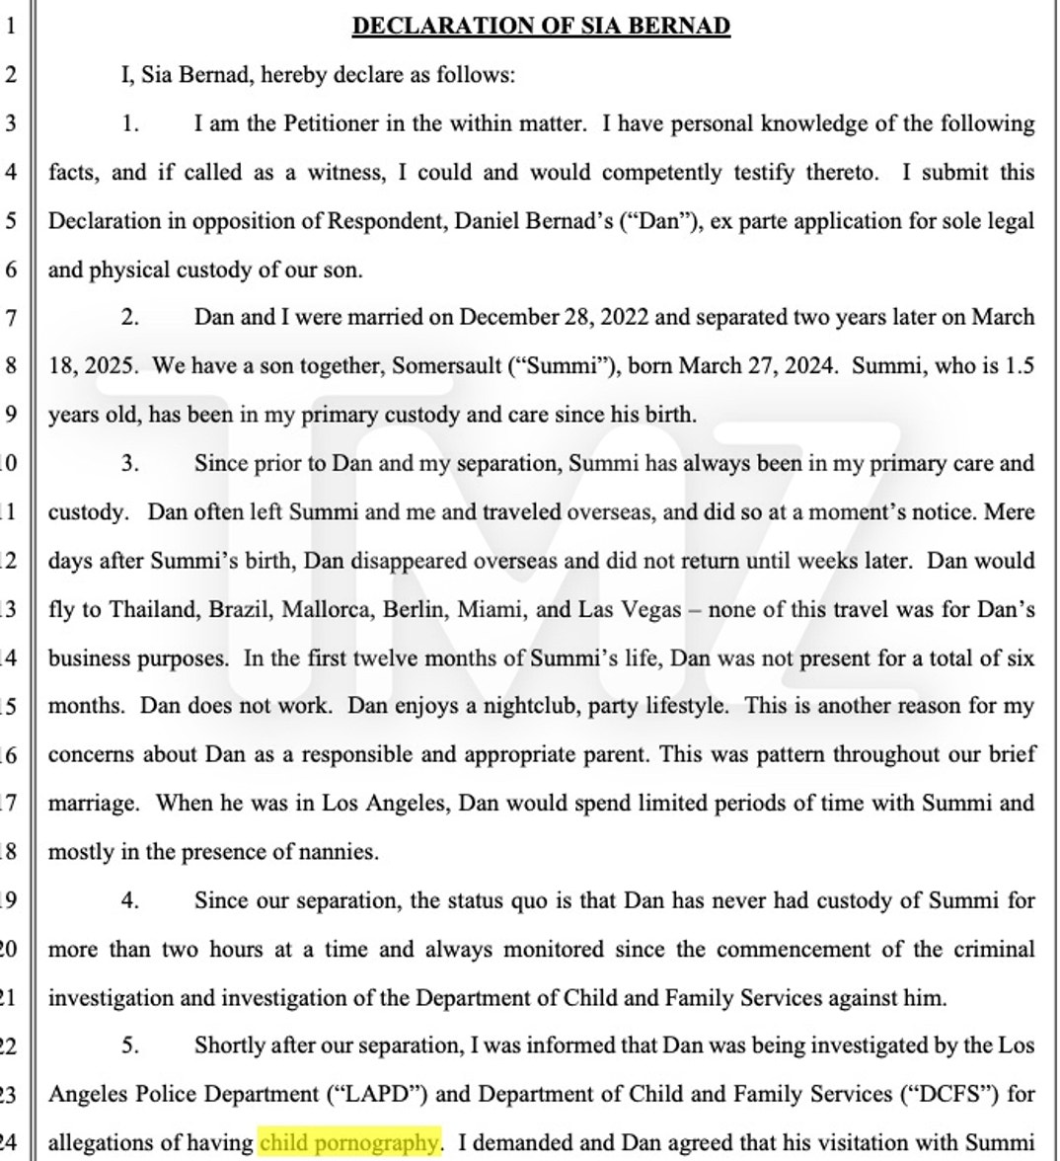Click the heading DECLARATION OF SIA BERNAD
(541, 27)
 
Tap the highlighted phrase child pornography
(348, 1142)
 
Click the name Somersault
(447, 366)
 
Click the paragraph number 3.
(130, 464)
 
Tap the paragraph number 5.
(130, 1045)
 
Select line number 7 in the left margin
(11, 318)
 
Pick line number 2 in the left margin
(11, 75)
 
